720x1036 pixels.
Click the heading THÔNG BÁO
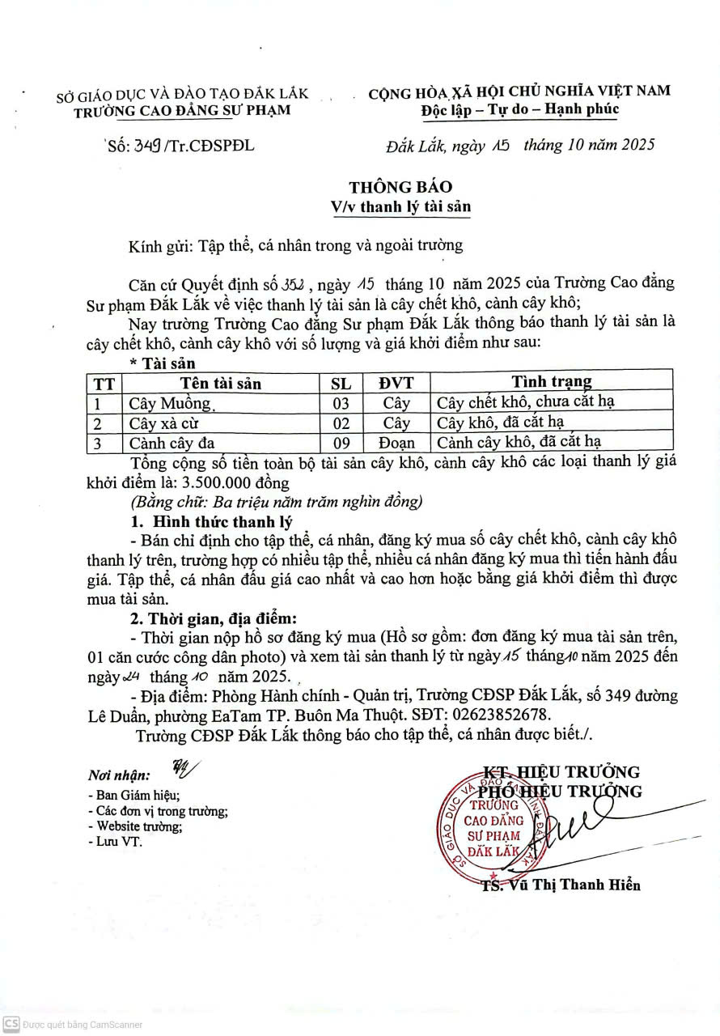[x=400, y=187]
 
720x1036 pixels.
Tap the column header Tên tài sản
[x=221, y=383]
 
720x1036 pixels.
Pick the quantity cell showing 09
[x=341, y=443]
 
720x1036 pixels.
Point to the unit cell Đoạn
[x=396, y=443]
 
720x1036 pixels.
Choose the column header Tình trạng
[x=551, y=381]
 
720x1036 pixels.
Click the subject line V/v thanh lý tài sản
[x=400, y=206]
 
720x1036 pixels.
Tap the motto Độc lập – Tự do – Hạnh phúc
[x=519, y=109]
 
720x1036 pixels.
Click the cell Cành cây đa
[x=172, y=443]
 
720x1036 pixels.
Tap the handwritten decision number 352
[x=290, y=285]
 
